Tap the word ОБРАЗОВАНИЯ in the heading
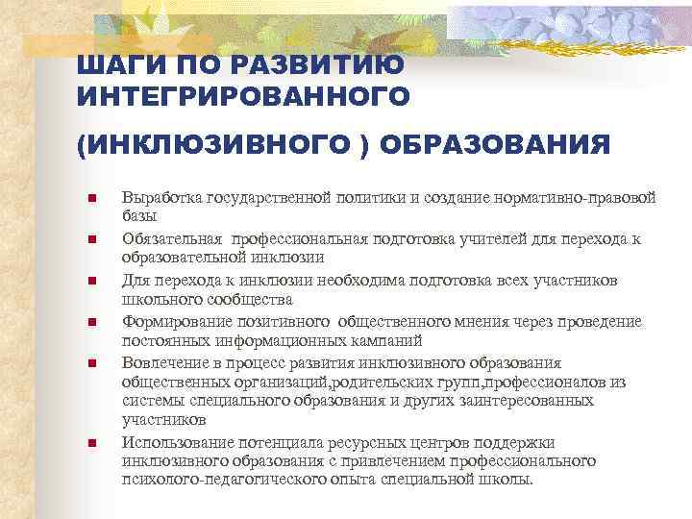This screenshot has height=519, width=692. tap(495, 144)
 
